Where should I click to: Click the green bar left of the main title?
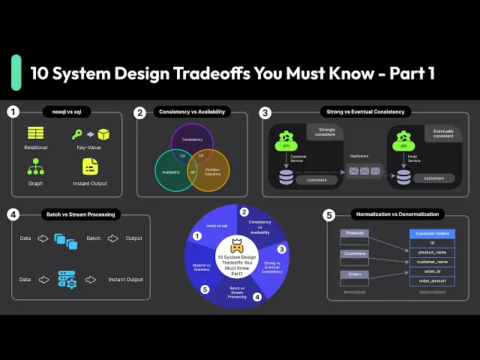tap(16, 73)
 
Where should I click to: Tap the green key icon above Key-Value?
tap(76, 134)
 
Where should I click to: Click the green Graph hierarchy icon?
tap(35, 165)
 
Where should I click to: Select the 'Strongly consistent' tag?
tap(326, 133)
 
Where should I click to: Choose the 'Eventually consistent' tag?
tap(443, 133)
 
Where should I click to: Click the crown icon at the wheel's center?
tap(237, 247)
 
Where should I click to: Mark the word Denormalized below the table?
tap(431, 292)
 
